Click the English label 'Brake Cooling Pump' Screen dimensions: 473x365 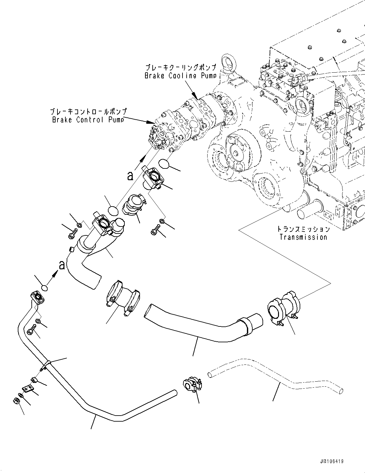[180, 76]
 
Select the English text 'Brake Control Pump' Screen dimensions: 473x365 [88, 120]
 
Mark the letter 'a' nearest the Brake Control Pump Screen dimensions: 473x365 [130, 175]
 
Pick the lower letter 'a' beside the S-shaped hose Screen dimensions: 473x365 [62, 265]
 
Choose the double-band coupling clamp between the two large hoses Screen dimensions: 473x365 [122, 297]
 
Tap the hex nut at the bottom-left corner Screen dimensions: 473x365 [17, 401]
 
